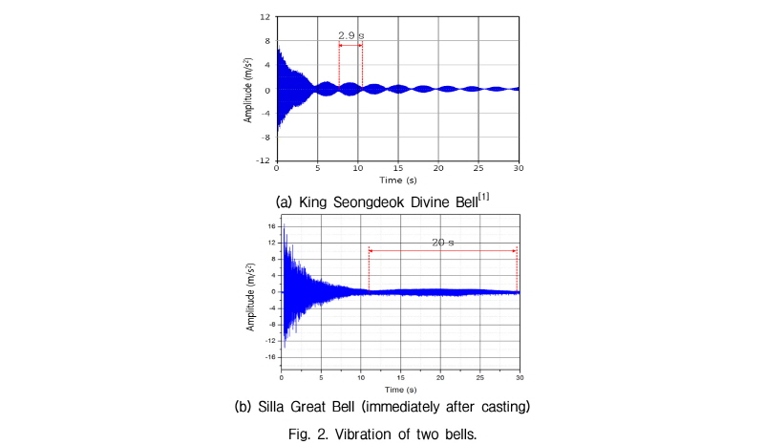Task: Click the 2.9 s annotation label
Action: point(351,35)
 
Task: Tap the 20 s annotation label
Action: point(442,243)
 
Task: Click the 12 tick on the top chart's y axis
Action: point(265,17)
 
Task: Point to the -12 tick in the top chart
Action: point(264,160)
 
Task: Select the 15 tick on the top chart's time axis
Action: point(398,168)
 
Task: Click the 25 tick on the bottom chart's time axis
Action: point(480,378)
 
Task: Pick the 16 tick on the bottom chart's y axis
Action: point(272,226)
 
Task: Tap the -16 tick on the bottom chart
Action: point(271,357)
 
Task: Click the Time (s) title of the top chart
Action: point(398,180)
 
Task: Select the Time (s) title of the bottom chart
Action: point(400,390)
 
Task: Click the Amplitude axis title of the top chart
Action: point(248,90)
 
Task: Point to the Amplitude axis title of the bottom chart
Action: point(250,297)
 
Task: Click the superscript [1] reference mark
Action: point(483,197)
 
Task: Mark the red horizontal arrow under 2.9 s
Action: point(350,45)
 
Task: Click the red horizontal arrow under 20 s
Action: point(443,251)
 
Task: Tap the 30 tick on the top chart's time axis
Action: point(519,168)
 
